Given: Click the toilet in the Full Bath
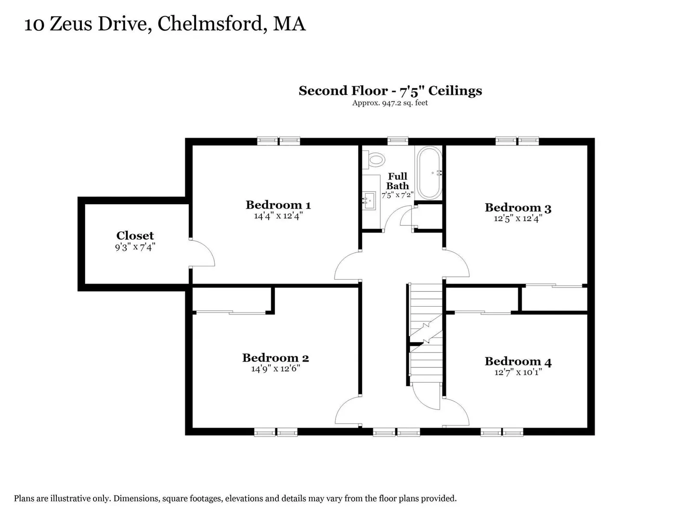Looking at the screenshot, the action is pos(374,160).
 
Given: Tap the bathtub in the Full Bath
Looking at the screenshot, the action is pos(429,173).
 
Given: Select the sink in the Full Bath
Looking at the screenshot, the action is pos(369,201).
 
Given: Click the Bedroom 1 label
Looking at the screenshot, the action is pos(278,205).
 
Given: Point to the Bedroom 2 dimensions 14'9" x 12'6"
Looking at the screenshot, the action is pos(275,368).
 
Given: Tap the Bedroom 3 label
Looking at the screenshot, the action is pos(518,208).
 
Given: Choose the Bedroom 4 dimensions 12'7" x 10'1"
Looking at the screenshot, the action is pos(518,372).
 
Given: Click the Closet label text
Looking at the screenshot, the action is pos(135,236).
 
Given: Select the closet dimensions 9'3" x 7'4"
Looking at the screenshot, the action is pos(135,247).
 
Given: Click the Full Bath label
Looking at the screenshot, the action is pos(397,181).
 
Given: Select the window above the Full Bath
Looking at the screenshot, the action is pos(398,141).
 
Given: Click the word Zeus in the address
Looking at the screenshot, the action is pos(71,24).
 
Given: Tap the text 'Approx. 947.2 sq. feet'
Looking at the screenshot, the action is pos(390,103).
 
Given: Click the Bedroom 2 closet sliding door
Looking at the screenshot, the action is pos(231,312).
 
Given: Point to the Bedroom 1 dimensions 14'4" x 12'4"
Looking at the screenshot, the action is pos(278,216).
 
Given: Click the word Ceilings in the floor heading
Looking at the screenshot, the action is pos(455,91).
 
